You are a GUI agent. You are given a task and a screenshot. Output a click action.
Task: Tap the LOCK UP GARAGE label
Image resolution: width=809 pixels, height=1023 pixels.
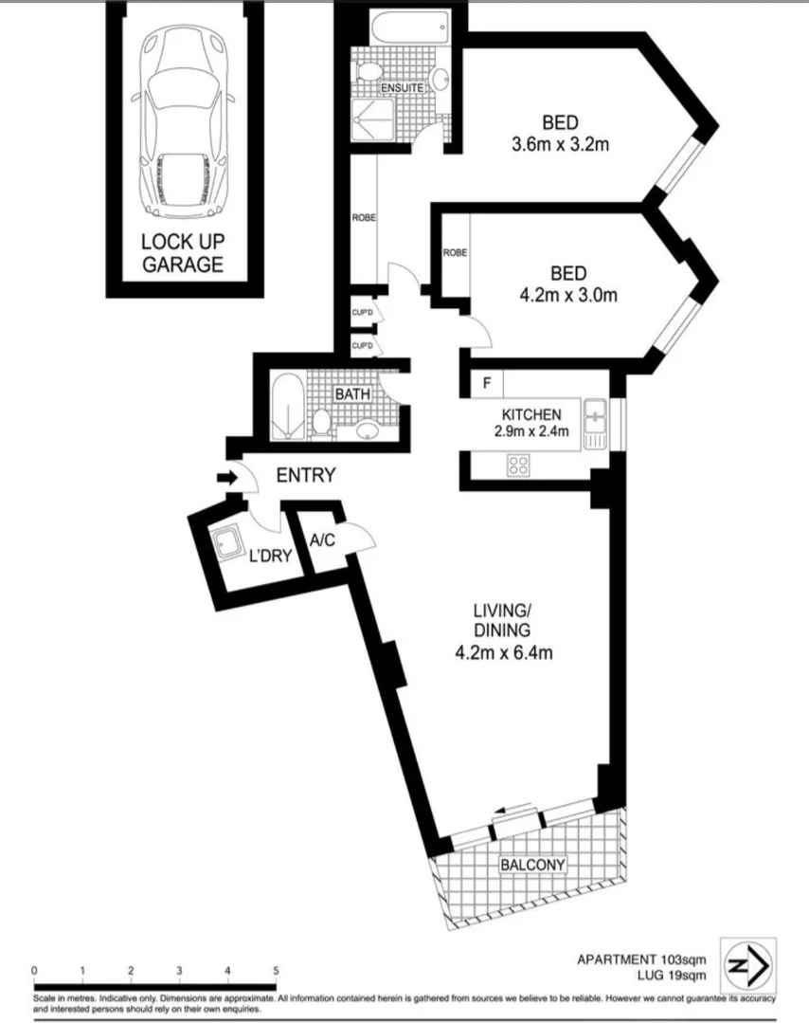click(x=183, y=253)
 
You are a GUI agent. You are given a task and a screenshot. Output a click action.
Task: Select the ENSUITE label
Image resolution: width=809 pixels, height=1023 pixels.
click(x=401, y=88)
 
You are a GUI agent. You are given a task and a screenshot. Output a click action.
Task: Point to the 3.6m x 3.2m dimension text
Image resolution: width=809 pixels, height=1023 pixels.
click(x=559, y=144)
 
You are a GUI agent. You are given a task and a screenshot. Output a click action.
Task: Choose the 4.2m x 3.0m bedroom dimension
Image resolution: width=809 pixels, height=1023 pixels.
click(x=568, y=295)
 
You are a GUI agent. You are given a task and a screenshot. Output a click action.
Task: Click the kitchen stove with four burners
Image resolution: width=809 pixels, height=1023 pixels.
click(x=518, y=465)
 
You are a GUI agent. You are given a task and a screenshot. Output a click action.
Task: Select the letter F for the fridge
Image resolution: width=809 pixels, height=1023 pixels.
click(x=486, y=385)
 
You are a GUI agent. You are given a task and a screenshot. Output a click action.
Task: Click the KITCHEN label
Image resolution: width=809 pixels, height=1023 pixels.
click(x=531, y=414)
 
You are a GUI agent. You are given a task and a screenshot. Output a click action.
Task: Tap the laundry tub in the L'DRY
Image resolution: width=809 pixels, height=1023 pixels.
click(x=227, y=544)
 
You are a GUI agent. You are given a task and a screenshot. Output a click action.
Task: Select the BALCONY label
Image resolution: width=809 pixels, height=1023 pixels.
click(x=532, y=865)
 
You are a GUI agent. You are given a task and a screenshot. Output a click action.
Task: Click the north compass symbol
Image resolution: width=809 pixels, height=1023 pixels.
click(x=748, y=965)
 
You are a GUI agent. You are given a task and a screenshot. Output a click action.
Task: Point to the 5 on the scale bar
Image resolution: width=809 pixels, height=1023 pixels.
click(x=276, y=970)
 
